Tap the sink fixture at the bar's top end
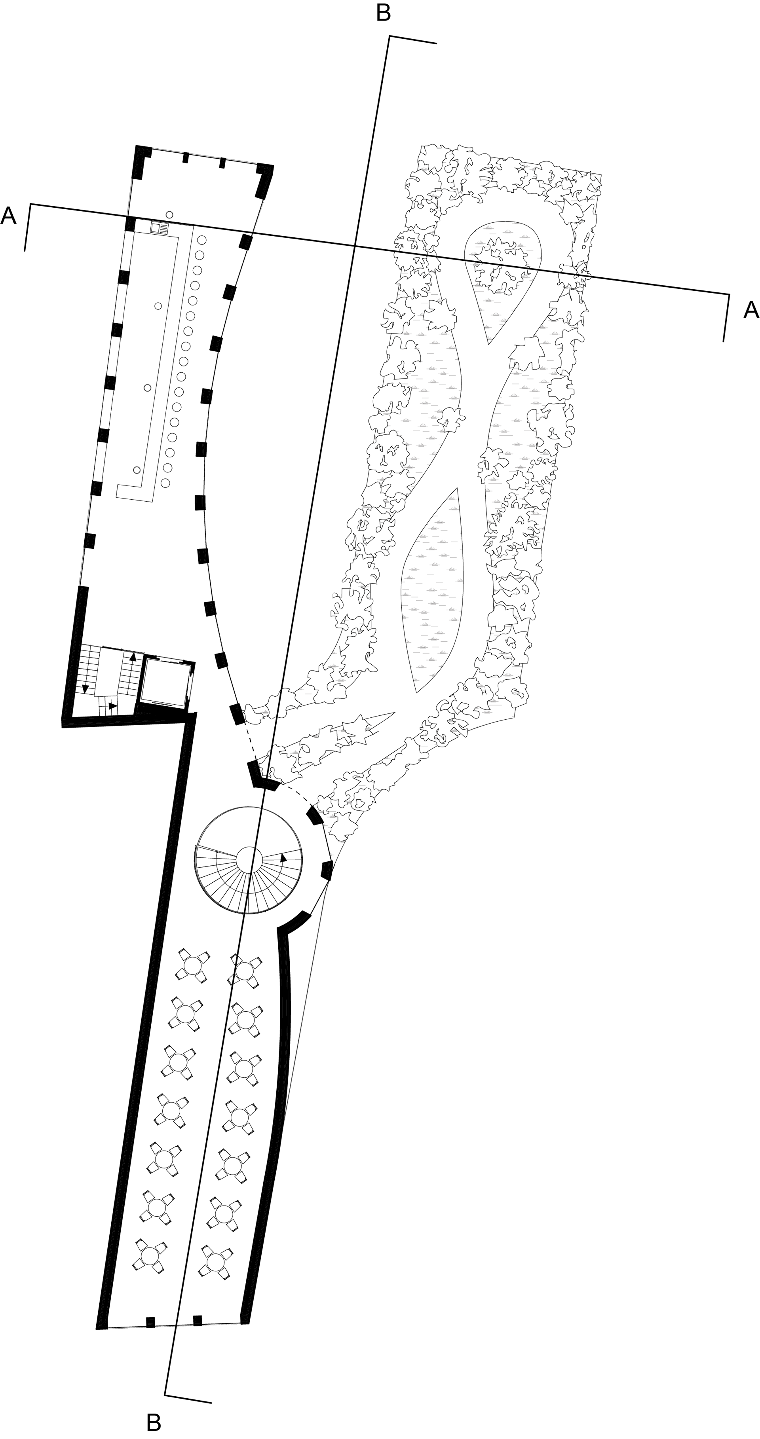[159, 228]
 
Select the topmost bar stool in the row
[202, 240]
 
